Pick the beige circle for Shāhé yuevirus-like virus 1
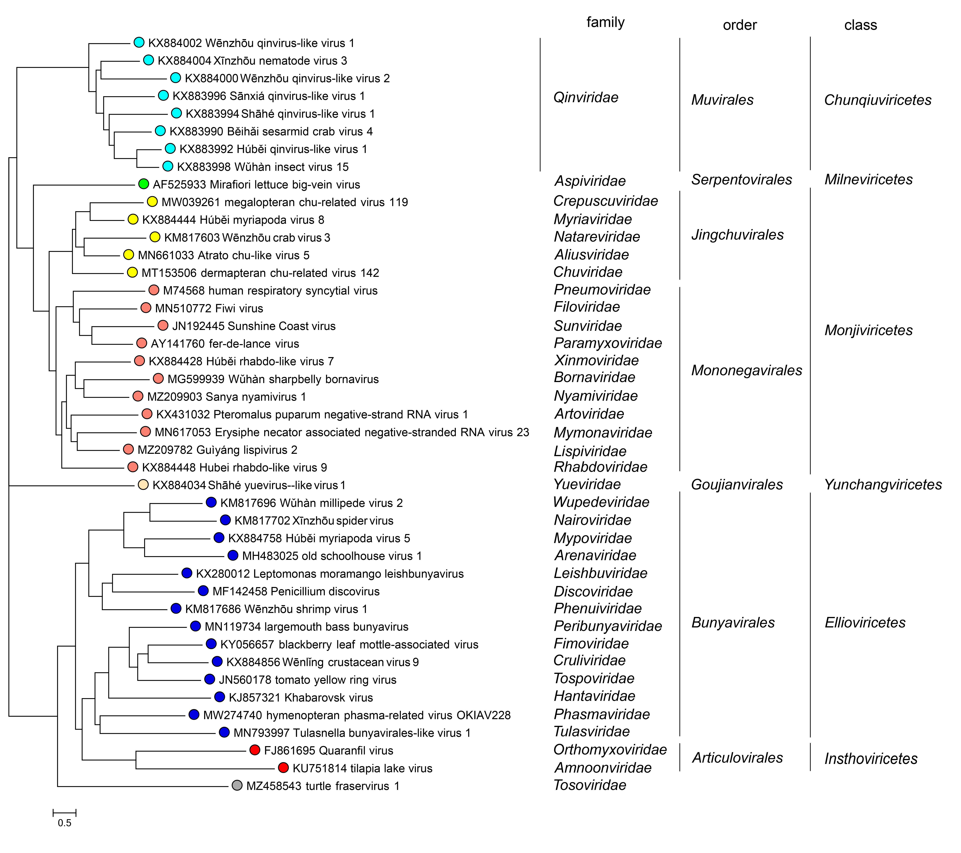tap(143, 485)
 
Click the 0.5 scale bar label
tap(64, 823)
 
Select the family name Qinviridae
tap(586, 98)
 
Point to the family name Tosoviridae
tap(590, 785)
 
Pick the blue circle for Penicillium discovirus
tap(203, 591)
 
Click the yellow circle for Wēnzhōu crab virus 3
tap(155, 237)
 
